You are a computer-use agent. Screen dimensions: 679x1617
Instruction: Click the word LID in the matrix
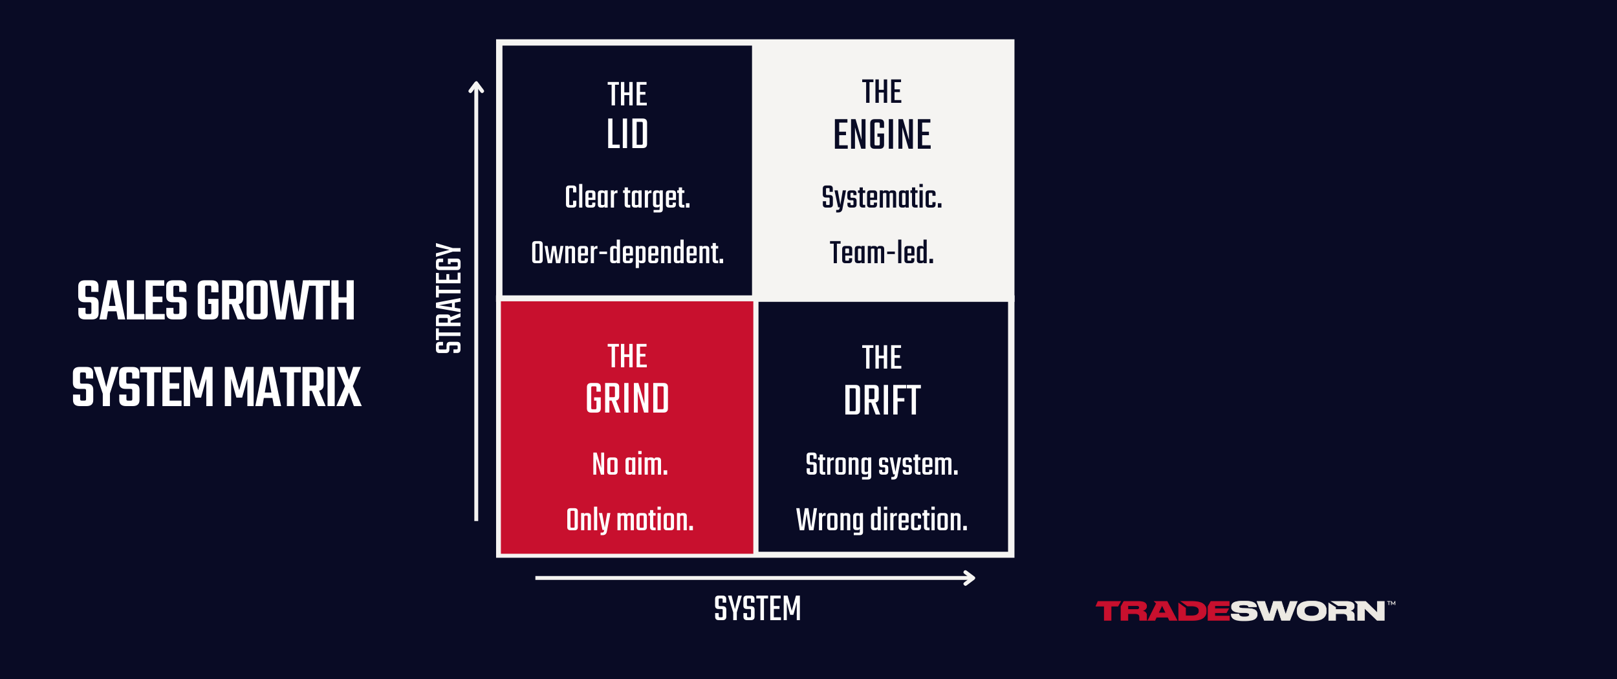point(627,135)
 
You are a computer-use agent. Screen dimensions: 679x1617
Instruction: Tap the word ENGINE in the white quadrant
point(882,135)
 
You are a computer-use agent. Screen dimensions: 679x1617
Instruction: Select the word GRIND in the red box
point(627,398)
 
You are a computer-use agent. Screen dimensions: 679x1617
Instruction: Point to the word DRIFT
point(882,401)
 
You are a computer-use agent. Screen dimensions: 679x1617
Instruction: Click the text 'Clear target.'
point(627,197)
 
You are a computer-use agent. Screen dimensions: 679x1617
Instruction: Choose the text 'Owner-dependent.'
point(627,253)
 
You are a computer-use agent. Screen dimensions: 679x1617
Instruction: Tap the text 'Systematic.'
point(882,197)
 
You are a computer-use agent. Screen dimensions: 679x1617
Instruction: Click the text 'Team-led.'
point(882,253)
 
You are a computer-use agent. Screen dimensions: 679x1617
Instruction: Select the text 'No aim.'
point(629,464)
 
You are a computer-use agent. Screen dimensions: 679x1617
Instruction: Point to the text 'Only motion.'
point(629,520)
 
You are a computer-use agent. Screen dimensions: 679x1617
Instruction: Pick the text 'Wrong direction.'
point(882,520)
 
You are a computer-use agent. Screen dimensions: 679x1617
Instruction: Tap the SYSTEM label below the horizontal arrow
point(757,609)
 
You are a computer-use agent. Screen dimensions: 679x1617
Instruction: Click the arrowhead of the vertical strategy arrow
point(476,87)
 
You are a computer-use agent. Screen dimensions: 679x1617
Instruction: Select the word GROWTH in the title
point(276,301)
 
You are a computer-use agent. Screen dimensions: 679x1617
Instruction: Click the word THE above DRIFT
point(882,358)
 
